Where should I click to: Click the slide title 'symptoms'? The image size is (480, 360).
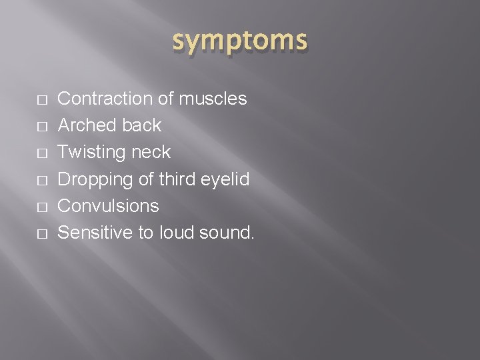click(x=240, y=41)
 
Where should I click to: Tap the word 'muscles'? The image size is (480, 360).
click(x=213, y=99)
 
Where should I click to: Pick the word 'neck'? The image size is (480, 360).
click(x=152, y=153)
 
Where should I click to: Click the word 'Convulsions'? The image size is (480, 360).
click(x=109, y=206)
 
